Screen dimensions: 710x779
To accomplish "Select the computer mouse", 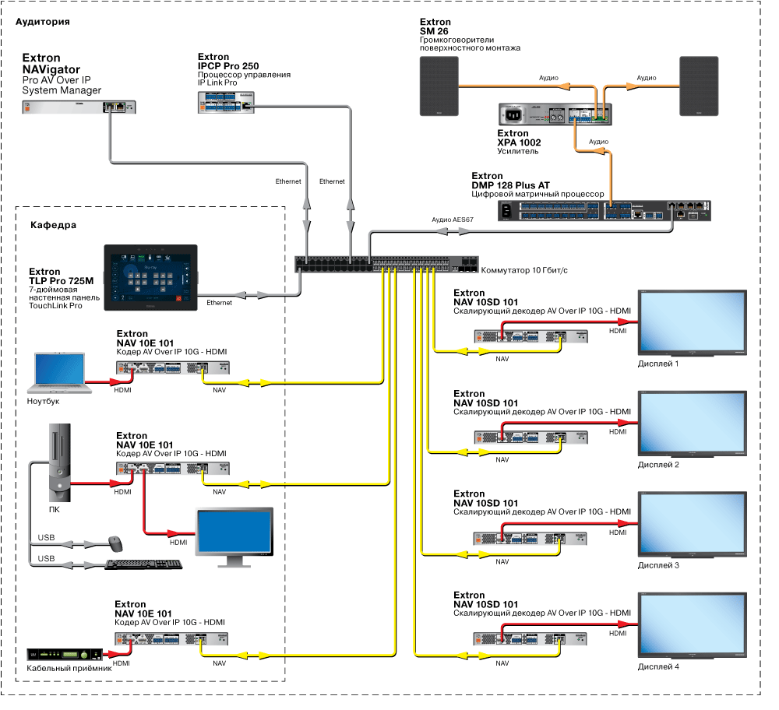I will click(115, 542).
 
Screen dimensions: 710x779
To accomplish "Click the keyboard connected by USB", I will click(143, 564).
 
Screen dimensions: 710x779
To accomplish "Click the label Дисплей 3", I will click(658, 565).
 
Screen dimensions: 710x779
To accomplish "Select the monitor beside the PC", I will click(234, 532).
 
